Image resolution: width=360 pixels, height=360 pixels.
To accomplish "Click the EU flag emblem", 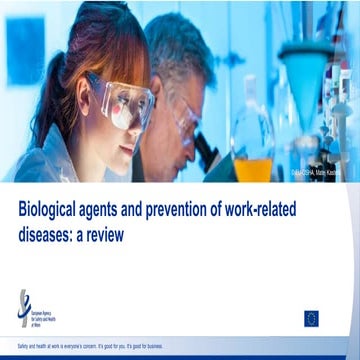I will [311, 317].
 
